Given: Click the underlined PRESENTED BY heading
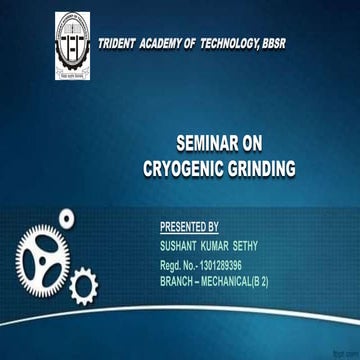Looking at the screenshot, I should point(189,228).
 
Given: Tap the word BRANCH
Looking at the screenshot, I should point(178,283).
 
